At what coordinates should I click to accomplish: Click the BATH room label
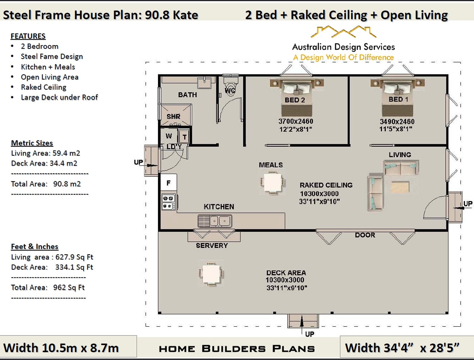188,95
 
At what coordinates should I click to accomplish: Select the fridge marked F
169,182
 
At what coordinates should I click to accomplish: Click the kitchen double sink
215,221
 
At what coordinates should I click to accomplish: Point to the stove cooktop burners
169,202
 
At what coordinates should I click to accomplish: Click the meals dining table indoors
273,182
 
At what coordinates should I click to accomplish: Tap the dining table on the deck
211,274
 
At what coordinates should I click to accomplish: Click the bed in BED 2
297,97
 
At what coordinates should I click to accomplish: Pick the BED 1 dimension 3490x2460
397,121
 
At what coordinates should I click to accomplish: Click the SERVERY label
212,245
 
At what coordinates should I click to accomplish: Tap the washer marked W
169,136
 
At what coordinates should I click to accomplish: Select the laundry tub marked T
184,137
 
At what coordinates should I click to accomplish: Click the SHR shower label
173,117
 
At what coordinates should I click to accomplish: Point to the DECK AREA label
286,273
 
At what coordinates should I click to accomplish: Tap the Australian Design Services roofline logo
343,32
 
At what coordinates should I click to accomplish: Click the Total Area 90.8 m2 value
67,184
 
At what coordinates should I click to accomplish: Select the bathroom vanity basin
204,83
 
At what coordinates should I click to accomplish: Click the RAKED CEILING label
326,185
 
